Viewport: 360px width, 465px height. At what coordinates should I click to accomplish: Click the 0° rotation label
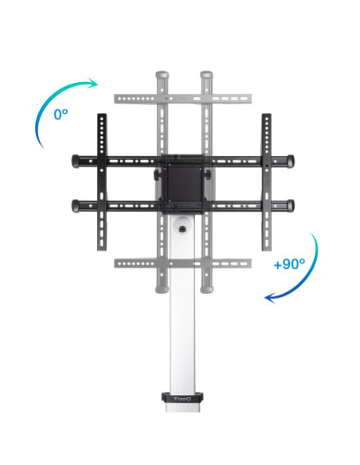tap(61, 114)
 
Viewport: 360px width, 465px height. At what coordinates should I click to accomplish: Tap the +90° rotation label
tap(289, 264)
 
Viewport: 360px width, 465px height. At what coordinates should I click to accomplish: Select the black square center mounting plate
tap(183, 182)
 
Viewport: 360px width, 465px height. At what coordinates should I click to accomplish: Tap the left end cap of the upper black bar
tap(76, 159)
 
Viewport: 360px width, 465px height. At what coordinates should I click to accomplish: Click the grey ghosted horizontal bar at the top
tap(183, 99)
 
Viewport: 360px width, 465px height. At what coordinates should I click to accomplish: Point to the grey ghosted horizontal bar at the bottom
tap(183, 263)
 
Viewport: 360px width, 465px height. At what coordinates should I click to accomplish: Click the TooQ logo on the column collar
tap(184, 397)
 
